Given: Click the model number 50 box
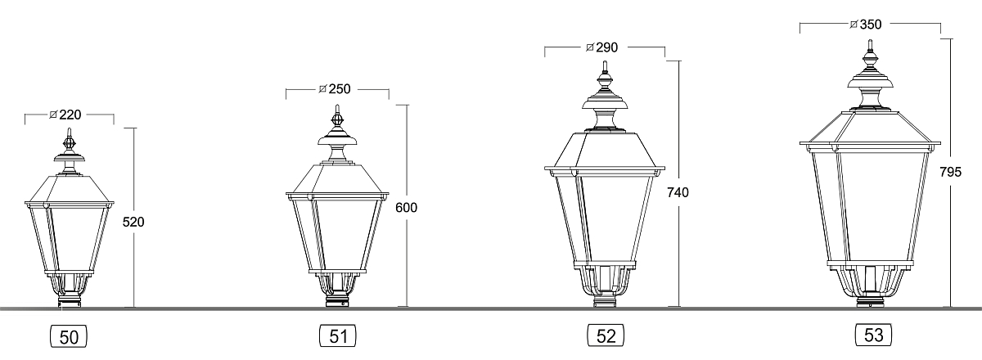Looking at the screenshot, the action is tap(69, 337).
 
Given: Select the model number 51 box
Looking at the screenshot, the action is tap(337, 336).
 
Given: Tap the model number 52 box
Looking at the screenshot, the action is tap(606, 335).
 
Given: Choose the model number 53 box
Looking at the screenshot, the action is tap(874, 335).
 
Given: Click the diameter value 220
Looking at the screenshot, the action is tap(70, 115).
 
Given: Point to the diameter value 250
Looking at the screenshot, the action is tap(340, 89).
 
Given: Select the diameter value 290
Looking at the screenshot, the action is tap(606, 47).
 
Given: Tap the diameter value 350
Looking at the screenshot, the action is tap(871, 25).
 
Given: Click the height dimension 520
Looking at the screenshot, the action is tap(133, 223).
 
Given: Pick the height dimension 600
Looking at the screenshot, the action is tap(407, 207).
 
